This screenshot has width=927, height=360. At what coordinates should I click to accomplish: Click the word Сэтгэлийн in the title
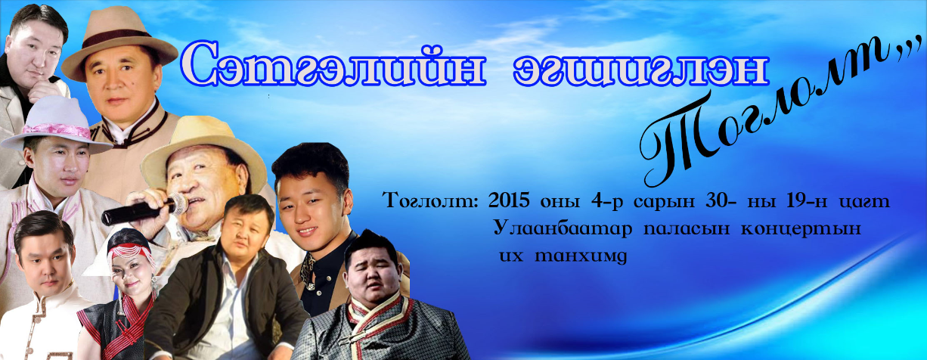pos(333,64)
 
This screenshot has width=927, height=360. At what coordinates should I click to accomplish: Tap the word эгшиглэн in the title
pos(640,68)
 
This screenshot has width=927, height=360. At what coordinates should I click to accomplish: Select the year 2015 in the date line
pos(510,200)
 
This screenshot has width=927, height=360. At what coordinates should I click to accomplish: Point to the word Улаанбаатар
pos(563,228)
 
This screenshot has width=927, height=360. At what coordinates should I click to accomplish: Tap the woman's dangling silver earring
pos(154,287)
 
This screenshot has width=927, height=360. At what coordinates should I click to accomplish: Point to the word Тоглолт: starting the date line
pos(432,201)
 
